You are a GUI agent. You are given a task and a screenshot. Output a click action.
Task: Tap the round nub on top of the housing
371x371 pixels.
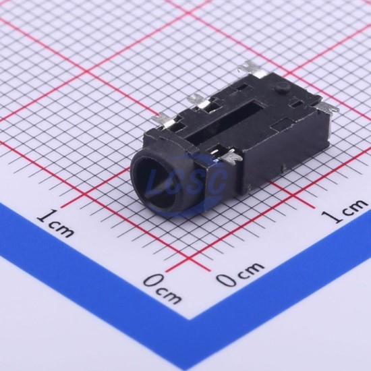click(x=282, y=88)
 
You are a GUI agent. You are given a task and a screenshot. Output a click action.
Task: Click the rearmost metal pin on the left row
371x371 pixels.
click(x=248, y=69)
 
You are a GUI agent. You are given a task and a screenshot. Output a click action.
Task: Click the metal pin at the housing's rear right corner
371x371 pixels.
click(x=328, y=108)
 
